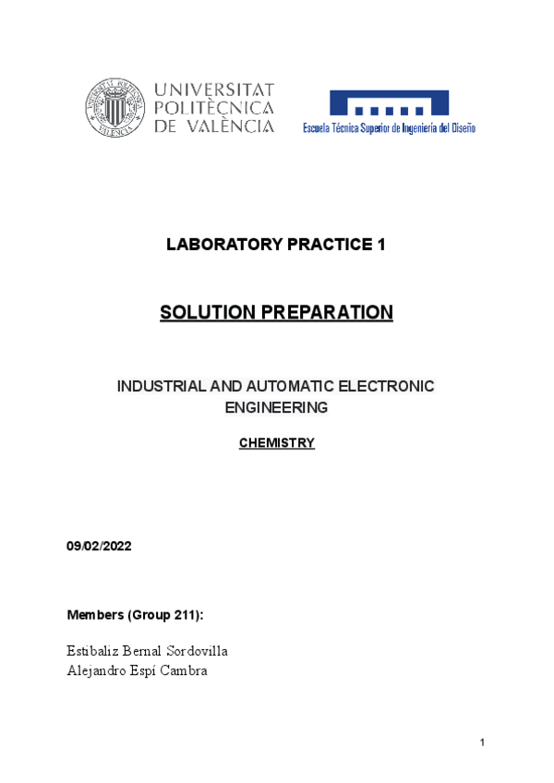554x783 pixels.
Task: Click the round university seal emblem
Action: click(x=115, y=108)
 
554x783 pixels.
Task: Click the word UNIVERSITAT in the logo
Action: click(x=214, y=90)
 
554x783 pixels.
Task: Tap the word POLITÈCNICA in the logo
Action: click(x=214, y=108)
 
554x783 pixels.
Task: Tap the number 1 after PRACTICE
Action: click(x=380, y=245)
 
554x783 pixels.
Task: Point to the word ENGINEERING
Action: click(x=277, y=407)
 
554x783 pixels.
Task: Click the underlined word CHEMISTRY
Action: click(x=277, y=443)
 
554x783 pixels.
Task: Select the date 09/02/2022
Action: click(x=100, y=547)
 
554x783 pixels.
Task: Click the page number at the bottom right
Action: click(x=482, y=743)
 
